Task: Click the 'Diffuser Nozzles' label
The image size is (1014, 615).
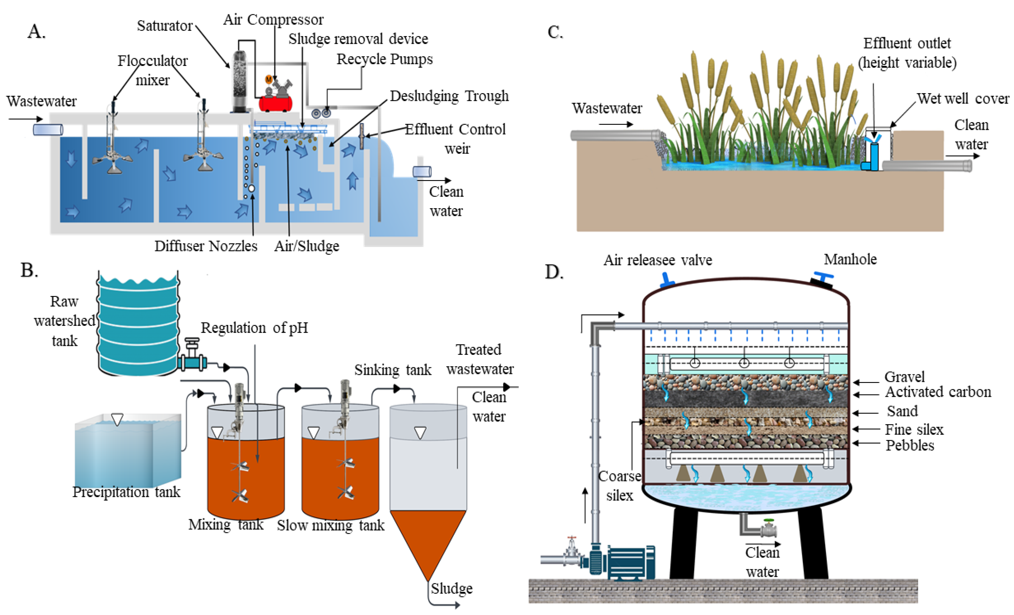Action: click(206, 246)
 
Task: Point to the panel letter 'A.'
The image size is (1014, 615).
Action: click(36, 32)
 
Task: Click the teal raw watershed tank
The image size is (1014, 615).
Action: click(138, 325)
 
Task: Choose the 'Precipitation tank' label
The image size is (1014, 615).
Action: click(126, 492)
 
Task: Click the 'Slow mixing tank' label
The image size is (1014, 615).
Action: click(330, 525)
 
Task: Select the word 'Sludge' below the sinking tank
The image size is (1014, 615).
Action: click(451, 588)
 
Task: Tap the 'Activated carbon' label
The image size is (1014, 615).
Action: click(938, 392)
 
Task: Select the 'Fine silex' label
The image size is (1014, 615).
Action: click(914, 430)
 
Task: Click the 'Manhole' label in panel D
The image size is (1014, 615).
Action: click(850, 259)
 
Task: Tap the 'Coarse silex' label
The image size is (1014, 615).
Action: click(619, 485)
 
